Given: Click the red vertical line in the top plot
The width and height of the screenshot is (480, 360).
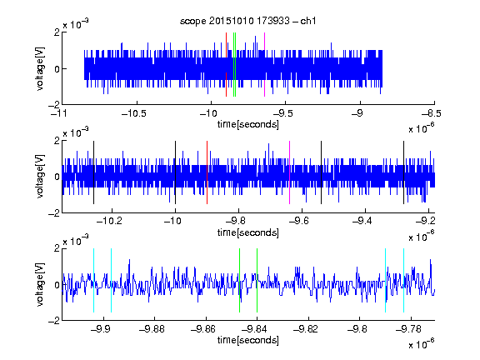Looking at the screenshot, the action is pyautogui.click(x=226, y=64).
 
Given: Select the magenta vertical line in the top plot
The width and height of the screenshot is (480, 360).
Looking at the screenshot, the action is pyautogui.click(x=264, y=64).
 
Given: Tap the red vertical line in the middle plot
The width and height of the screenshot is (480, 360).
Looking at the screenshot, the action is pyautogui.click(x=207, y=172).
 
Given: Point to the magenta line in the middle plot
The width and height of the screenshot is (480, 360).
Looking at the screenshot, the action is pyautogui.click(x=290, y=172).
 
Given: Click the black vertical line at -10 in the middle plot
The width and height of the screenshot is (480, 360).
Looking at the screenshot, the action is pyautogui.click(x=175, y=172).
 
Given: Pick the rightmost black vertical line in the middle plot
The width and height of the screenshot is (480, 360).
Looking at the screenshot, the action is pyautogui.click(x=404, y=172).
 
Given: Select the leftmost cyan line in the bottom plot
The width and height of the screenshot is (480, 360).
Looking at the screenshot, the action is pyautogui.click(x=93, y=280).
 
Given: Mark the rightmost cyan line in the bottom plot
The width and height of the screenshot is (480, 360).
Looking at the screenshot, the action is pyautogui.click(x=404, y=280).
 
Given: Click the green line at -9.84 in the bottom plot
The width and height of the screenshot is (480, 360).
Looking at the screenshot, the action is pyautogui.click(x=257, y=280).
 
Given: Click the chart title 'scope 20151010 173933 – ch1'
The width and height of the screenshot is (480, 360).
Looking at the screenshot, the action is pyautogui.click(x=248, y=21).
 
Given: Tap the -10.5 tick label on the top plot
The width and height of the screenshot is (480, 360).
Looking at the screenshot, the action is pyautogui.click(x=134, y=113).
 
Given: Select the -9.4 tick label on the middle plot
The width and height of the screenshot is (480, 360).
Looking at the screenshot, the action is pyautogui.click(x=362, y=221).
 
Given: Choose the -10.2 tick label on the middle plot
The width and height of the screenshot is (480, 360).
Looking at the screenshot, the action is pyautogui.click(x=109, y=221).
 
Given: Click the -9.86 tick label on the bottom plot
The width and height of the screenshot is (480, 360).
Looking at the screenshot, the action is pyautogui.click(x=203, y=329).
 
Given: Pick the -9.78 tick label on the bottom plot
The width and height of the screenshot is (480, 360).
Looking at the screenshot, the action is pyautogui.click(x=408, y=329).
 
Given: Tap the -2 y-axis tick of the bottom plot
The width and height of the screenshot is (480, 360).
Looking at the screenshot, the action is pyautogui.click(x=54, y=321).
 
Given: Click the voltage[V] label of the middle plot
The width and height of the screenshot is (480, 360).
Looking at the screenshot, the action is pyautogui.click(x=40, y=177).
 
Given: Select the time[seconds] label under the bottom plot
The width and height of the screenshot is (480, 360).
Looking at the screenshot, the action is pyautogui.click(x=248, y=340).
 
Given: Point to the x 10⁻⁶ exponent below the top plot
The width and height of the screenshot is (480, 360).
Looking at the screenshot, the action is pyautogui.click(x=422, y=127).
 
